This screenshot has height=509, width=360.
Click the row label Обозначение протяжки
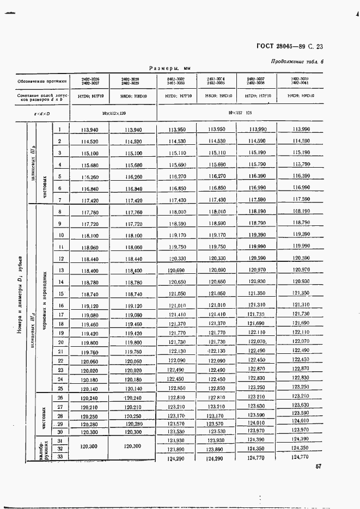point(42,81)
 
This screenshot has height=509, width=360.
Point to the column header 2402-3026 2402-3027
point(90,81)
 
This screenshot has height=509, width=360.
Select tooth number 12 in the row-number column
point(61,259)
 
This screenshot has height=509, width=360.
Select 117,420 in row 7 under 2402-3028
point(133,200)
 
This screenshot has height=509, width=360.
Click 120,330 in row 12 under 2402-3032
point(178,259)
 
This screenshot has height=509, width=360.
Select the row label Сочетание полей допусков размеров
point(42,96)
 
